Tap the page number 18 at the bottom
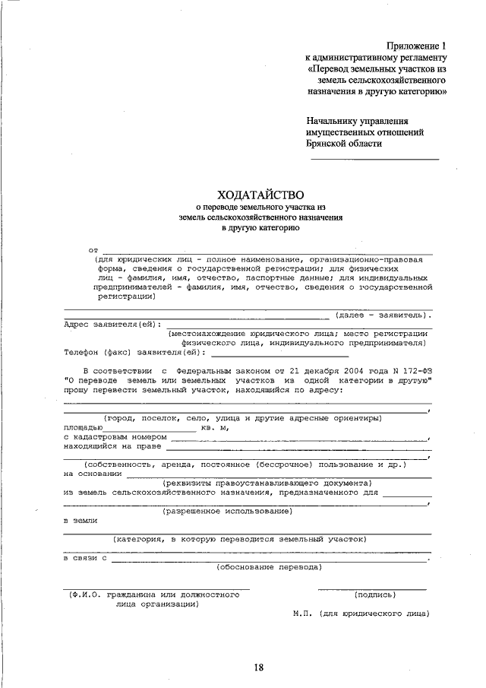click(258, 667)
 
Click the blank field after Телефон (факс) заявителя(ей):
click(279, 354)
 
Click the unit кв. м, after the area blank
click(215, 428)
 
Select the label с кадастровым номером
click(114, 438)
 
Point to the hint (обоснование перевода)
click(269, 566)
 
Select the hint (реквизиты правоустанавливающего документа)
click(267, 483)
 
